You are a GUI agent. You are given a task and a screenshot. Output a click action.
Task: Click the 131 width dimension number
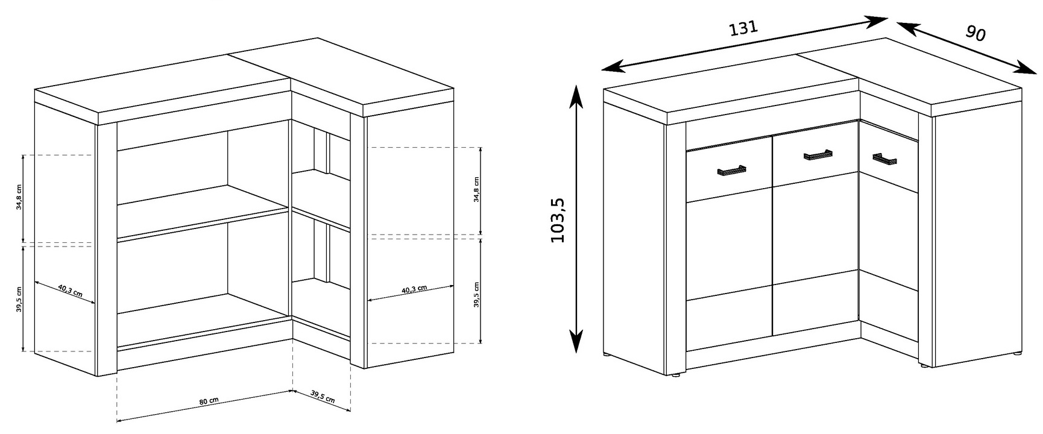tap(743, 28)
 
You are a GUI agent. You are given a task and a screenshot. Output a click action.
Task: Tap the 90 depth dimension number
tap(975, 33)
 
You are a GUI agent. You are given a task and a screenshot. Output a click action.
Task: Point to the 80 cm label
tap(209, 401)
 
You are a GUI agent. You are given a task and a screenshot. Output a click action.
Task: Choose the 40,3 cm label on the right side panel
tap(414, 289)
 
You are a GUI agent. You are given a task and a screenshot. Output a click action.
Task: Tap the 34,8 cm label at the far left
tap(19, 197)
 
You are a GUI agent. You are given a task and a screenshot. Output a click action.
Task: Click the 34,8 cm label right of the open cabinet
tap(476, 190)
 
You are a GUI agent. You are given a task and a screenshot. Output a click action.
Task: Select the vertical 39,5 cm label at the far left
tap(19, 299)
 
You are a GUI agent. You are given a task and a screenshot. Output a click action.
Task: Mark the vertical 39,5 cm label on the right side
tap(476, 295)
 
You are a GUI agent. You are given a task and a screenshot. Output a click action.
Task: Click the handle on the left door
tap(731, 171)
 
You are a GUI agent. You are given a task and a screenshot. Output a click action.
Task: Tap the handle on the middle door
tap(818, 156)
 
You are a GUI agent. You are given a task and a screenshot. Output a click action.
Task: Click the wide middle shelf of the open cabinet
tap(203, 213)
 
